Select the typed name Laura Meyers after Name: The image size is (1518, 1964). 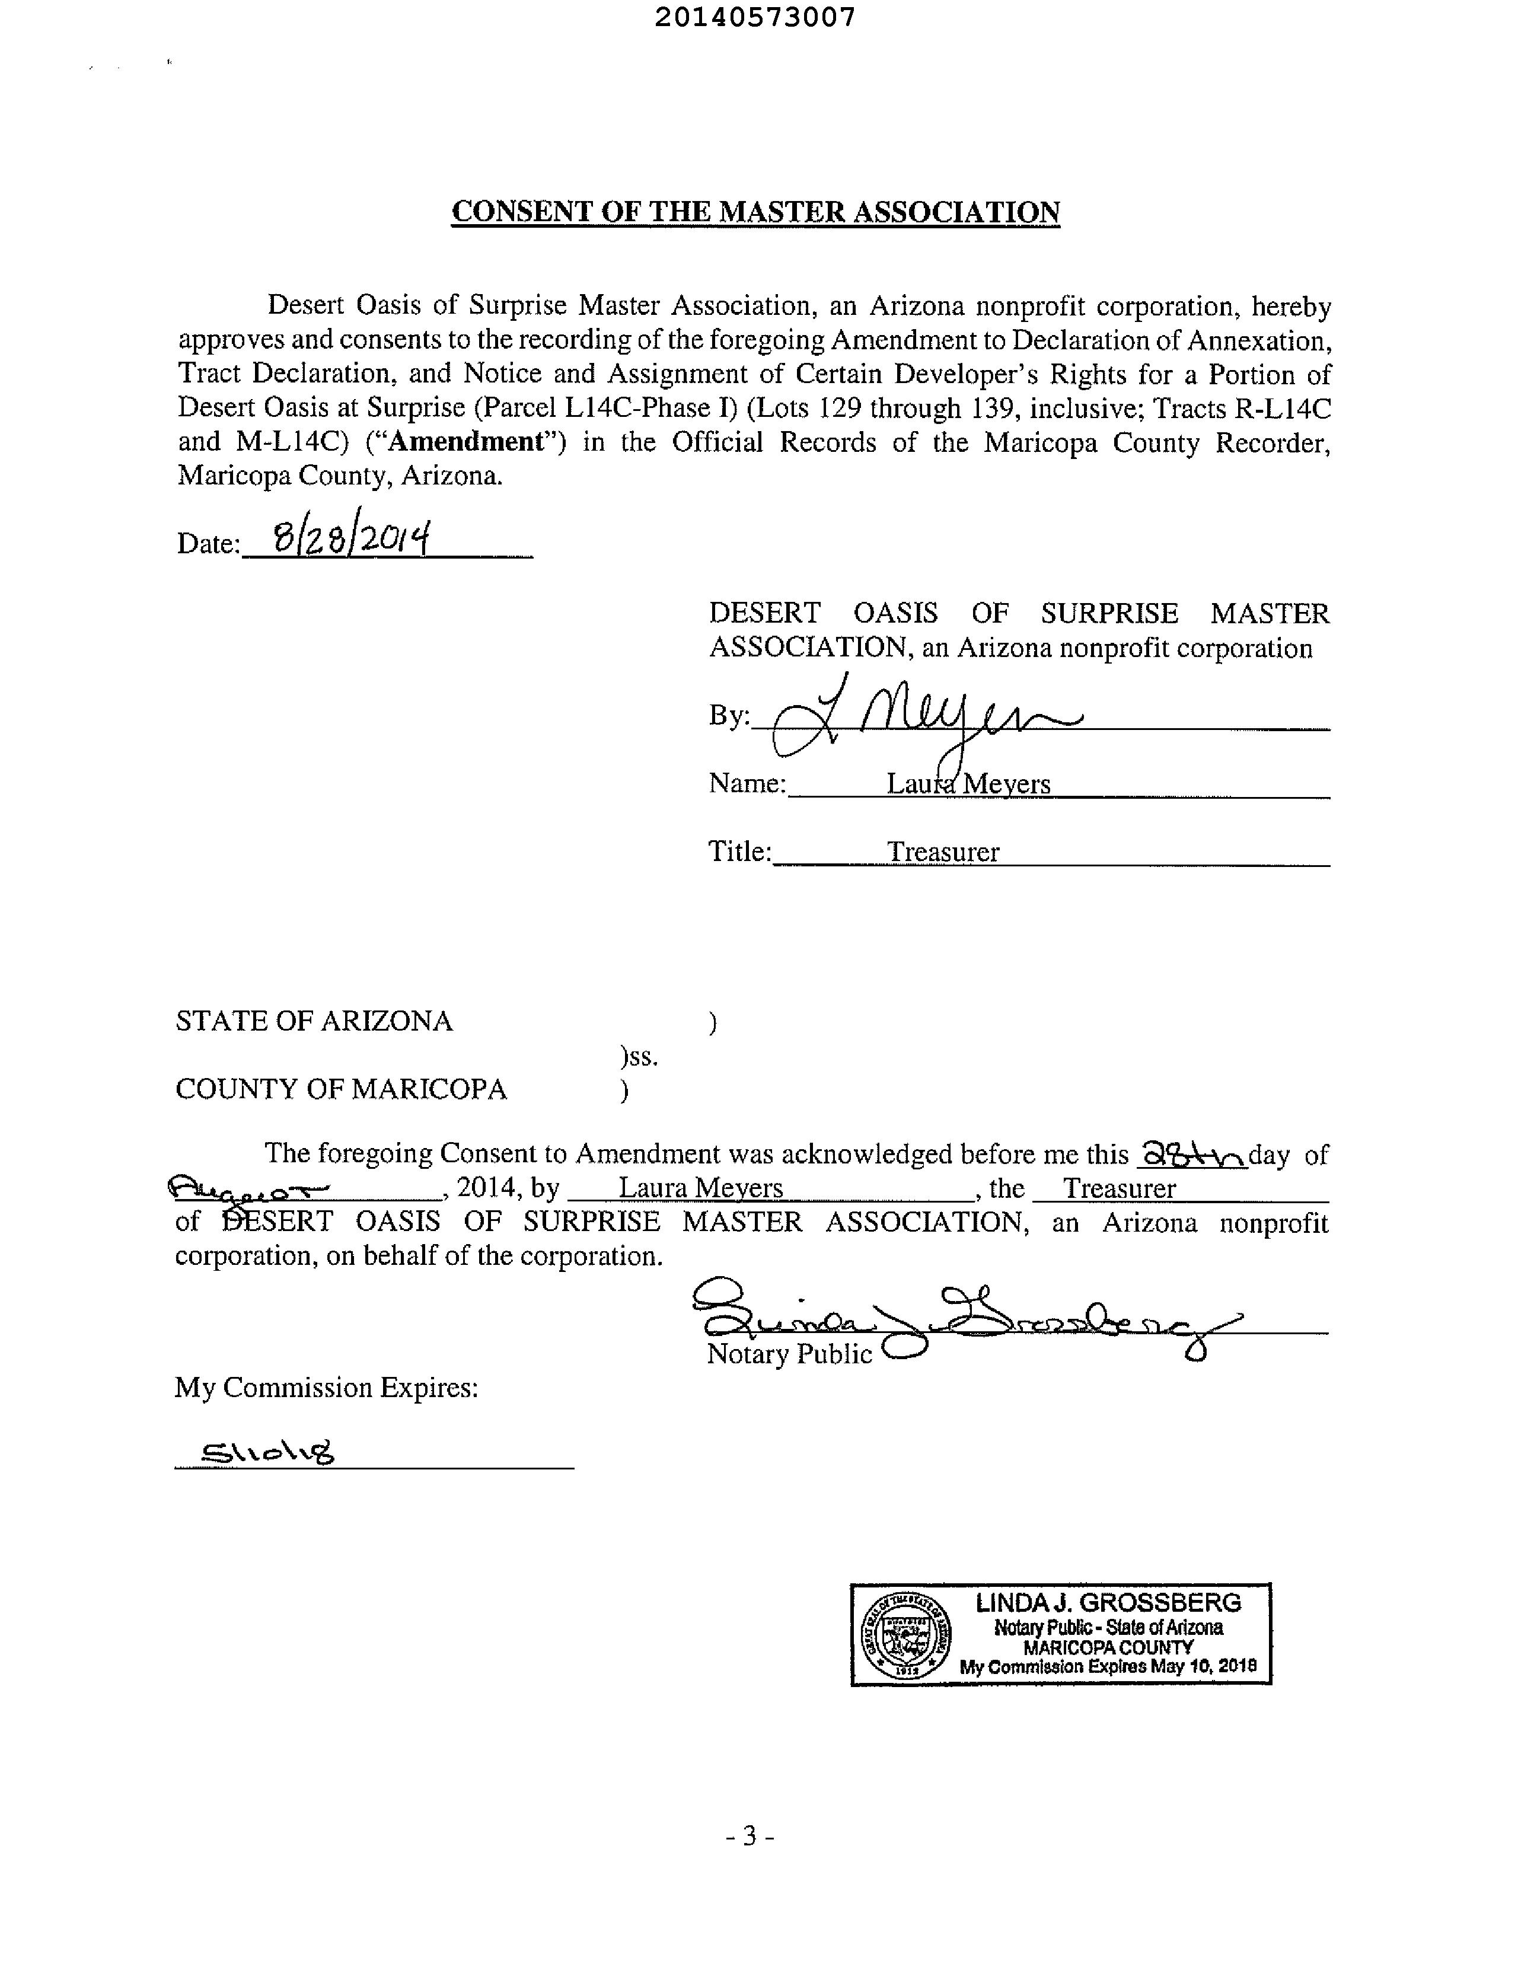click(x=968, y=783)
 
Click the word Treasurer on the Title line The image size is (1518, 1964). click(x=942, y=852)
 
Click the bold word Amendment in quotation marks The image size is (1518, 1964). click(x=467, y=442)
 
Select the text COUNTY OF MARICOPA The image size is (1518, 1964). click(x=341, y=1089)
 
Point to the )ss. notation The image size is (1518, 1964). click(x=639, y=1057)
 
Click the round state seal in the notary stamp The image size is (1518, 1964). click(x=905, y=1635)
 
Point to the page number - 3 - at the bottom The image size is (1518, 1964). click(x=750, y=1835)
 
